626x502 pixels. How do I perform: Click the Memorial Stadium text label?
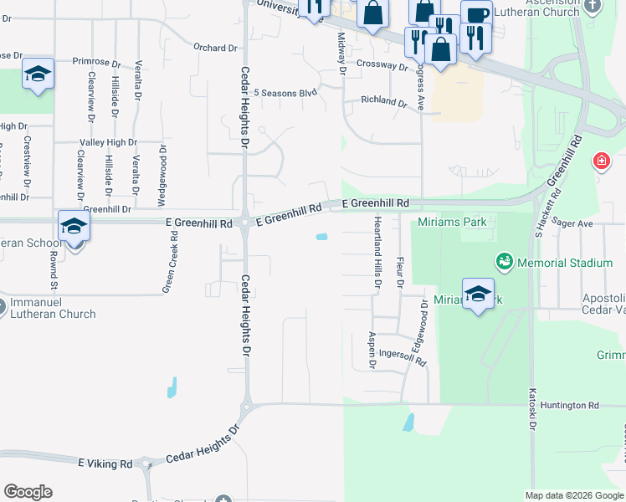point(566,263)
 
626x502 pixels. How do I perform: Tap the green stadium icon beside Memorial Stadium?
point(504,263)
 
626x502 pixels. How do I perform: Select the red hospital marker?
point(601,161)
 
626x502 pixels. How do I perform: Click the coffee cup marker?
point(476,15)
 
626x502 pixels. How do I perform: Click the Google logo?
point(28,492)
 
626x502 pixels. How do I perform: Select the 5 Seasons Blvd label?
point(285,93)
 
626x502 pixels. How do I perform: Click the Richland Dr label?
point(383,101)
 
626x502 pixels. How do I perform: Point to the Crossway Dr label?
point(381,64)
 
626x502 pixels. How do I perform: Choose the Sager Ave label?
point(572,224)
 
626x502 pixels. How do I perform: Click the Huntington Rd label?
point(570,406)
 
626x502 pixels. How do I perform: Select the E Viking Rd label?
point(105,463)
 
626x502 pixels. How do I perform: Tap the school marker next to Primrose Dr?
point(38,74)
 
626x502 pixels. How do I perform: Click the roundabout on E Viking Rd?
point(146,464)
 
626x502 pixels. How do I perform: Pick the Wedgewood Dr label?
point(163,172)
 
